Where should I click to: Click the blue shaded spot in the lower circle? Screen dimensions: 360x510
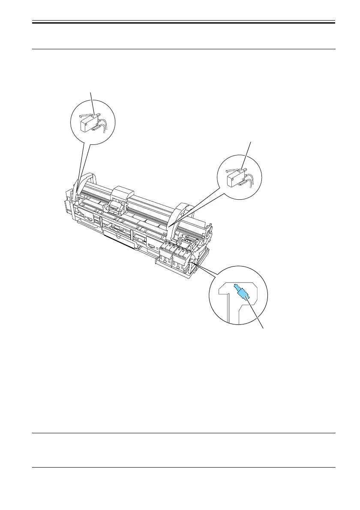click(243, 293)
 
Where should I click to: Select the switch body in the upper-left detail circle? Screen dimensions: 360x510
click(88, 124)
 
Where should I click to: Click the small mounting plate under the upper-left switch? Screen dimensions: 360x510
click(96, 126)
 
